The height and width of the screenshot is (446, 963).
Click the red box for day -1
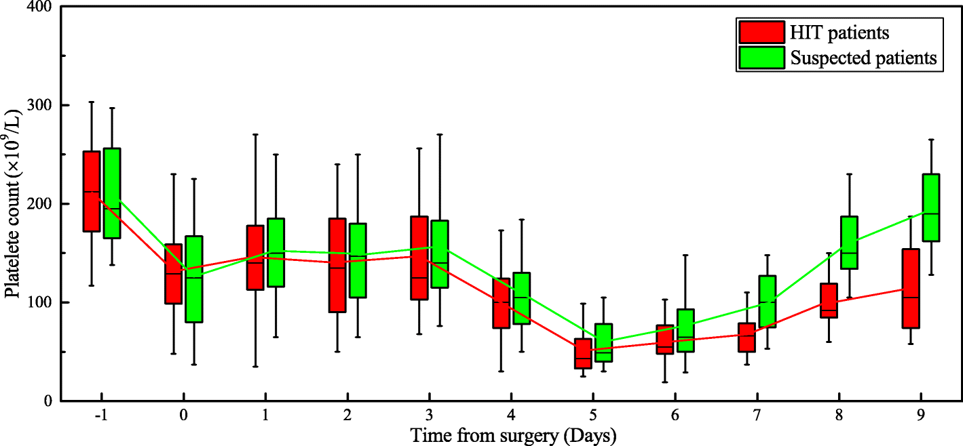pos(92,191)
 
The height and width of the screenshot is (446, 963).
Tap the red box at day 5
pos(583,353)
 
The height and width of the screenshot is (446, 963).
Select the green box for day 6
pos(685,330)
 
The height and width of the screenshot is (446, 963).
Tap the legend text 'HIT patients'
pos(839,32)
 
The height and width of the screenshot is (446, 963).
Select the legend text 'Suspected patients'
pos(863,58)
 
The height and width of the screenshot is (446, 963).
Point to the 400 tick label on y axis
pos(41,7)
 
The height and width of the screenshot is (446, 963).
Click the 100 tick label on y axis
pos(41,302)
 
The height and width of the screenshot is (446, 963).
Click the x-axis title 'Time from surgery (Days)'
pos(513,435)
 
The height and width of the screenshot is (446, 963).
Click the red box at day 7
pos(747,338)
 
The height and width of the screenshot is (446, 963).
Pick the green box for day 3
pos(440,254)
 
